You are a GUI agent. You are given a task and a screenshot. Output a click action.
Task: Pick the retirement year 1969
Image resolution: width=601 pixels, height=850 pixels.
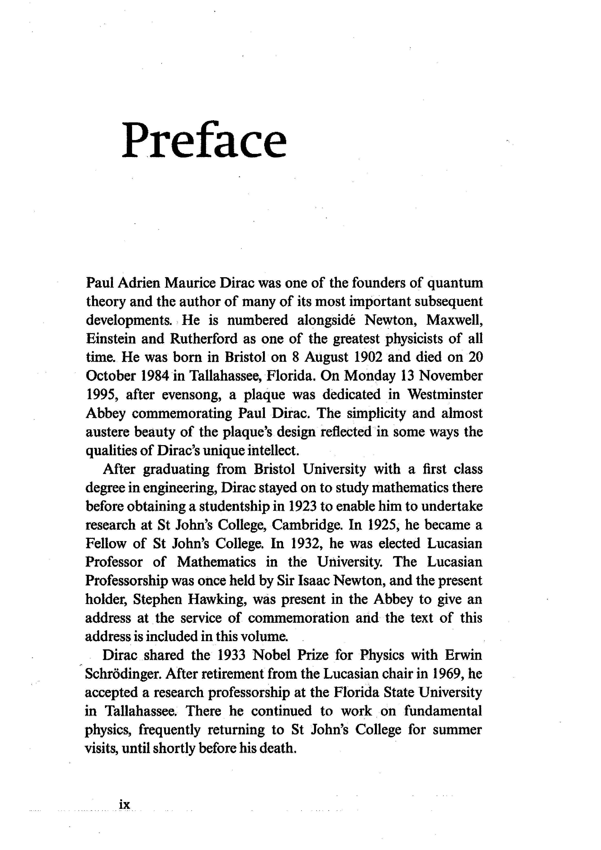click(x=447, y=674)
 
